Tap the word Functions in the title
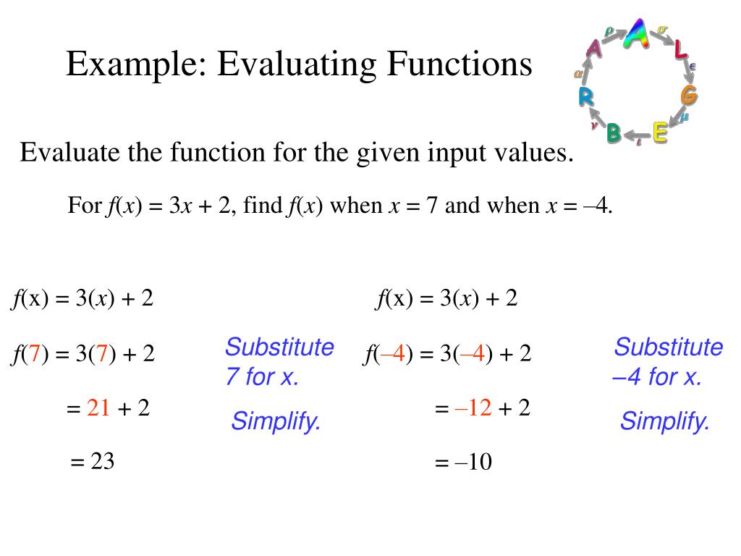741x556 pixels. (458, 64)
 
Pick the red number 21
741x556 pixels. (98, 409)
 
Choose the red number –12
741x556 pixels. (473, 409)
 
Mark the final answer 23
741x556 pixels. (103, 461)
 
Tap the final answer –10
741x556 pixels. (473, 462)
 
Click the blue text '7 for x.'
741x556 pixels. (262, 377)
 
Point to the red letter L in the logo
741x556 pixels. (680, 50)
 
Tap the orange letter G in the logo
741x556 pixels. (689, 95)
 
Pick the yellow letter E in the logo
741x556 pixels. (659, 132)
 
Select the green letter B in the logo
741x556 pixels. (614, 132)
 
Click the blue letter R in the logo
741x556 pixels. (586, 96)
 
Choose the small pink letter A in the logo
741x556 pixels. (594, 49)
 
